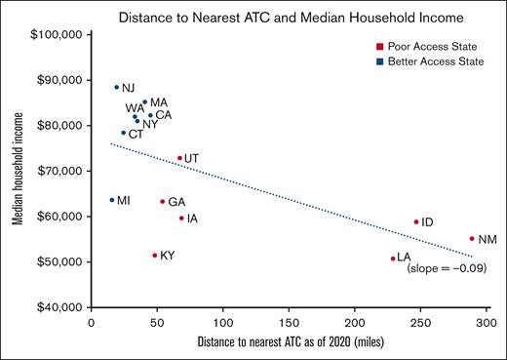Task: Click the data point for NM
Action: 472,238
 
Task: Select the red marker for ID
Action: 416,221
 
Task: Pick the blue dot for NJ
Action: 116,87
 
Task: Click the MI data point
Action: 111,200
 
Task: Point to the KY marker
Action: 154,255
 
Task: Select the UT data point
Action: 179,158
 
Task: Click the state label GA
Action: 176,202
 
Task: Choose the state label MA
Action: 158,102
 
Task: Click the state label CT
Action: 136,134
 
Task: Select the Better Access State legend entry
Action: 428,62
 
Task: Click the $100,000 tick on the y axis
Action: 58,34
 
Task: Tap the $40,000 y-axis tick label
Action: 59,307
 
